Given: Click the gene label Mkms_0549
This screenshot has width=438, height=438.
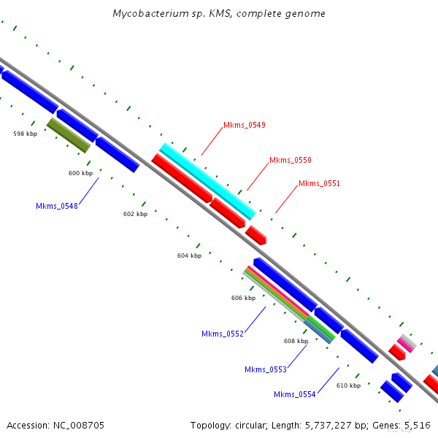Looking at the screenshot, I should click(x=245, y=125).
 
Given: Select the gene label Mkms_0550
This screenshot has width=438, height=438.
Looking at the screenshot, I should click(x=291, y=160).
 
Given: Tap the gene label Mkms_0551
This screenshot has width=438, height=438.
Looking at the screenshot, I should click(x=319, y=183).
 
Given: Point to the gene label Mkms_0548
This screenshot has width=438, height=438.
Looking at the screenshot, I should click(x=57, y=206).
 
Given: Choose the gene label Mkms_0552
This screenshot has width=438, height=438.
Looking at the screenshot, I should click(x=223, y=334).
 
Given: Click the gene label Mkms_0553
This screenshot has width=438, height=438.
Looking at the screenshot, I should click(x=266, y=369).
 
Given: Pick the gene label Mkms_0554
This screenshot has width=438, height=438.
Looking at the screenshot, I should click(x=295, y=394).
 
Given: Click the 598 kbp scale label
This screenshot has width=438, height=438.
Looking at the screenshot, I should click(x=25, y=134).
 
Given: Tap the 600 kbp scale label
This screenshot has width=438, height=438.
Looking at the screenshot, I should click(x=80, y=173).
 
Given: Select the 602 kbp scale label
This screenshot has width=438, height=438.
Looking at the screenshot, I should click(x=135, y=214).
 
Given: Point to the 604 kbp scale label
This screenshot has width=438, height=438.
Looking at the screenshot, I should click(x=189, y=255).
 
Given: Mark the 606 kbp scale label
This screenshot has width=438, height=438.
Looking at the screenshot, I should click(x=243, y=298).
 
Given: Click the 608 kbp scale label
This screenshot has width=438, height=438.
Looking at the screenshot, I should click(x=296, y=341).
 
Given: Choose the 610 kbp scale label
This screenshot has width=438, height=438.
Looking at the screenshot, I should click(x=348, y=385).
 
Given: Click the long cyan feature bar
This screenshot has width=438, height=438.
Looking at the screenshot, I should click(x=207, y=181).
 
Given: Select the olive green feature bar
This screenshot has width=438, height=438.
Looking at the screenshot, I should click(x=69, y=135).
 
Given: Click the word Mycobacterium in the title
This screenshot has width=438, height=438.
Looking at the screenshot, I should click(x=145, y=14).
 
